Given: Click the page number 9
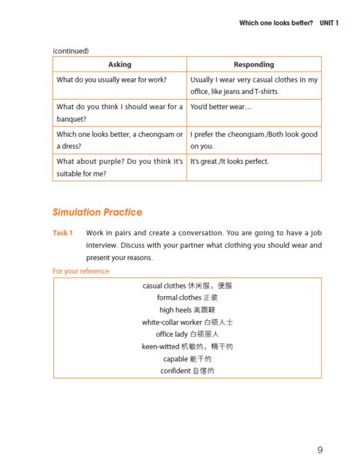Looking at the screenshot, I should [x=320, y=450].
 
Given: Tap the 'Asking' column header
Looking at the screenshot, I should [x=120, y=64].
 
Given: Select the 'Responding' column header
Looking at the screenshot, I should [x=253, y=64].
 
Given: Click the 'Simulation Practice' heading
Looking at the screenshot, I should [x=98, y=212].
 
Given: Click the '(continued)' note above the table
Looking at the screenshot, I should [x=71, y=50].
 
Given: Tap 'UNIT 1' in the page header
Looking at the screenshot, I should [x=329, y=23].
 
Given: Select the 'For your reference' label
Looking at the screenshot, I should [x=80, y=271].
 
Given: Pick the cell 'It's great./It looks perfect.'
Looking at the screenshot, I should [x=229, y=161].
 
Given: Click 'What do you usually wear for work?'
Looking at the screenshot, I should [x=111, y=80].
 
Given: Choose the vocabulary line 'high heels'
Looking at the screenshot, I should [x=187, y=309].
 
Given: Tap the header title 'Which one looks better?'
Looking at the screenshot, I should [x=276, y=23].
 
